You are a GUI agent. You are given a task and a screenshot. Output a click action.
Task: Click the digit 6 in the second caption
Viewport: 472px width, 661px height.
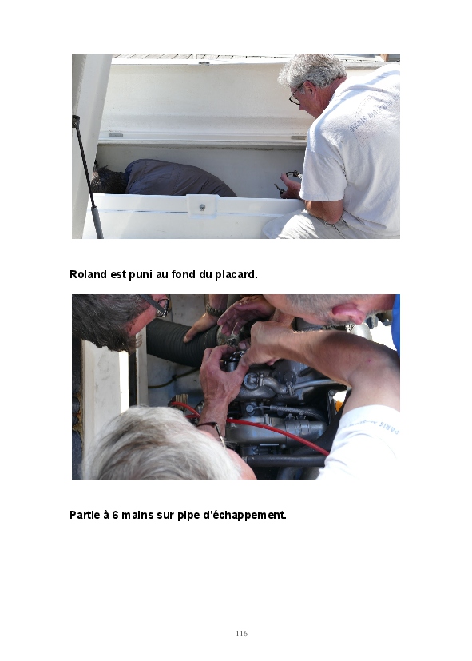pyautogui.click(x=115, y=515)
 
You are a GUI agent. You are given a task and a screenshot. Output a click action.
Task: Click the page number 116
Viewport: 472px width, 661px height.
pyautogui.click(x=242, y=633)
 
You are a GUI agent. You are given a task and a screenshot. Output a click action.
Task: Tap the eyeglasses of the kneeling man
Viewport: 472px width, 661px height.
pyautogui.click(x=296, y=96)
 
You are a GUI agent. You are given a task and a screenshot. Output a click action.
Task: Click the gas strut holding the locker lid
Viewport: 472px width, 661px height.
pyautogui.click(x=88, y=177)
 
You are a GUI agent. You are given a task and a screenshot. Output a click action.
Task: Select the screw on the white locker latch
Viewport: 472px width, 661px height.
pyautogui.click(x=202, y=207)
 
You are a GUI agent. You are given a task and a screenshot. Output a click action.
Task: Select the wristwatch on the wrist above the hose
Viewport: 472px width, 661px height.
pyautogui.click(x=214, y=311)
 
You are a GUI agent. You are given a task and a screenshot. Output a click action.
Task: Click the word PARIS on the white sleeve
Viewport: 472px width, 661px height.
pyautogui.click(x=389, y=427)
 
